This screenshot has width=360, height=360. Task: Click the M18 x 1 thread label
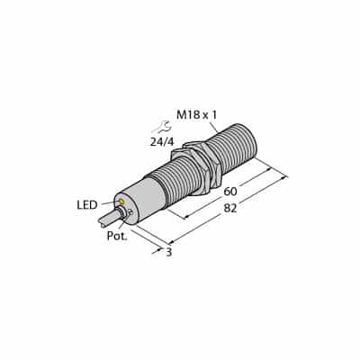tap(196, 115)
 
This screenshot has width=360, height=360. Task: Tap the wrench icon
tap(161, 127)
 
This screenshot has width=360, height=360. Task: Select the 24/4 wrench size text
tap(162, 142)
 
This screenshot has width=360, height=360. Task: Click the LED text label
tap(87, 205)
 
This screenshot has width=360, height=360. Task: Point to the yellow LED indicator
tap(121, 201)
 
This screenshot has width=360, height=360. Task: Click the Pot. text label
tap(117, 236)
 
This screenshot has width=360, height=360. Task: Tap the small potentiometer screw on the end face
tap(130, 212)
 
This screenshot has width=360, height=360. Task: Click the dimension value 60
tap(230, 191)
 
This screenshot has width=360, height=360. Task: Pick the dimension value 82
tap(230, 208)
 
